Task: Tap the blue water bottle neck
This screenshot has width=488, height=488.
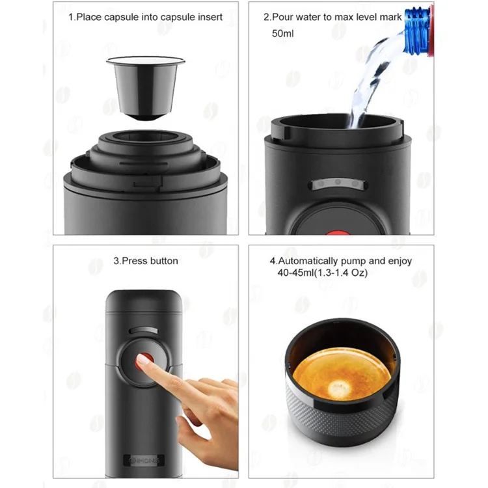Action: pos(418,31)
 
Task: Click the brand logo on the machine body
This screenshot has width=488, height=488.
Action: pos(144,460)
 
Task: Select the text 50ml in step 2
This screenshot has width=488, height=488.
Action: pos(282,33)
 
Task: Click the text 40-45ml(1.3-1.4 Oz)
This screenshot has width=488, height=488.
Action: pos(323,273)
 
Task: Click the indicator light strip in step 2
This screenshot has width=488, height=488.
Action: pos(338,184)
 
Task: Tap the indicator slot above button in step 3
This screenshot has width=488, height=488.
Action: pos(144,331)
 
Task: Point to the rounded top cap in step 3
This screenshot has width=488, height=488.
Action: pos(144,301)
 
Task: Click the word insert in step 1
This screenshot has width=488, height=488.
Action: pos(210,17)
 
